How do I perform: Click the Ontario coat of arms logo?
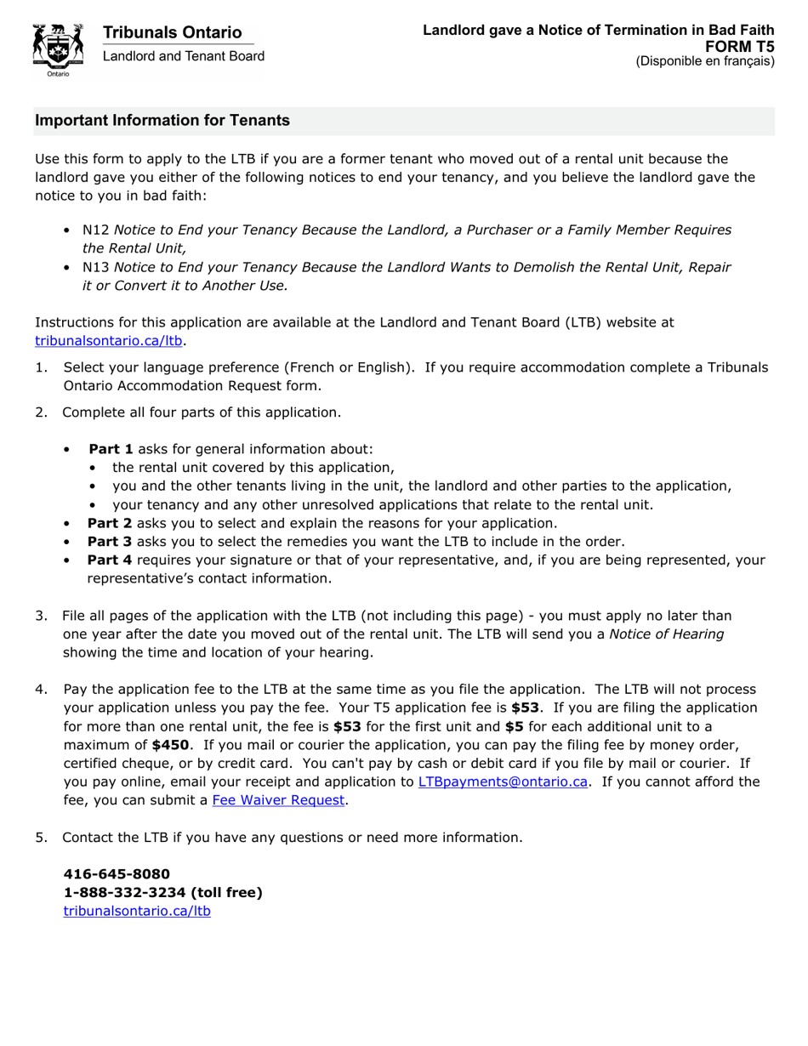58,49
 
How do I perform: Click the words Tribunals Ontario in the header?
172,32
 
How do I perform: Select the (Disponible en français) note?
705,61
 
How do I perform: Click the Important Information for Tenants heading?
162,121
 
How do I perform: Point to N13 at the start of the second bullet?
96,267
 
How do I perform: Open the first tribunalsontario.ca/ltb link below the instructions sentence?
109,341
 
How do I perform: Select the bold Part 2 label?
110,523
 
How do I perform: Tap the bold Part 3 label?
110,542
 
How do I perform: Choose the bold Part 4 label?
110,560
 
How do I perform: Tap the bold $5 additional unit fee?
514,726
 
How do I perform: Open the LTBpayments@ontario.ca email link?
503,782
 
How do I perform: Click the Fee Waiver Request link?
279,800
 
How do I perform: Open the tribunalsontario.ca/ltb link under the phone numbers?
137,911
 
